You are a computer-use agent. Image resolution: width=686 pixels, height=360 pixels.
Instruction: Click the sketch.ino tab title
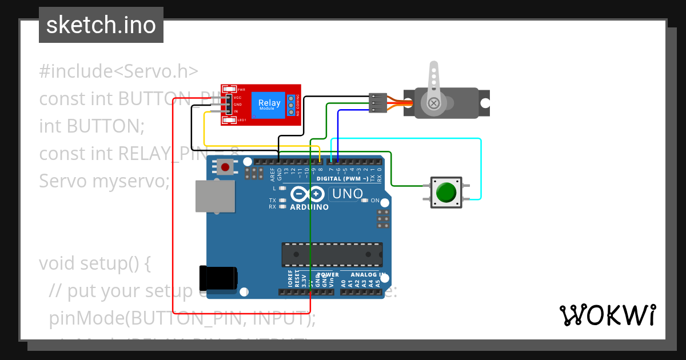click(101, 25)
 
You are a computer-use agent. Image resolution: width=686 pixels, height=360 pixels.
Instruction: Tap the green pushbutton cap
click(445, 192)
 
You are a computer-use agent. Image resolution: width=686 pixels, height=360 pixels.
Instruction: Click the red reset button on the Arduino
click(225, 167)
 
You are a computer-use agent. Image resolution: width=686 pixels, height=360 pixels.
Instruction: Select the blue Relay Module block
click(269, 105)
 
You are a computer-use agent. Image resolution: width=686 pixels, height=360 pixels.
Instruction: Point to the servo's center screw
click(434, 103)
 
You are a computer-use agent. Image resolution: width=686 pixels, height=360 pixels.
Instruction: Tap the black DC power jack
click(218, 278)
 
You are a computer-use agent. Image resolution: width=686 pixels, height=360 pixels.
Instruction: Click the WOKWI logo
click(607, 315)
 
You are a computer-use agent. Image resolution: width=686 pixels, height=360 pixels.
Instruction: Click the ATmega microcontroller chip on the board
click(332, 255)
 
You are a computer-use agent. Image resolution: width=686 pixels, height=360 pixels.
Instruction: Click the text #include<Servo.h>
click(118, 71)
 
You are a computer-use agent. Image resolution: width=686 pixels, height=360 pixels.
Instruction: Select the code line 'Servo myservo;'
click(105, 181)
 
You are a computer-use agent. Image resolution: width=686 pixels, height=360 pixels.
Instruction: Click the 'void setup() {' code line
click(94, 263)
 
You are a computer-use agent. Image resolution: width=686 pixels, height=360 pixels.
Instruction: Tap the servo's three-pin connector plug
click(377, 102)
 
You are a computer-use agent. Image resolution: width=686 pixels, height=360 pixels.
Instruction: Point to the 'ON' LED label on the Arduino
click(375, 201)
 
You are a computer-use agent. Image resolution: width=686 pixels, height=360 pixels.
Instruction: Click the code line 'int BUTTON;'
click(91, 126)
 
